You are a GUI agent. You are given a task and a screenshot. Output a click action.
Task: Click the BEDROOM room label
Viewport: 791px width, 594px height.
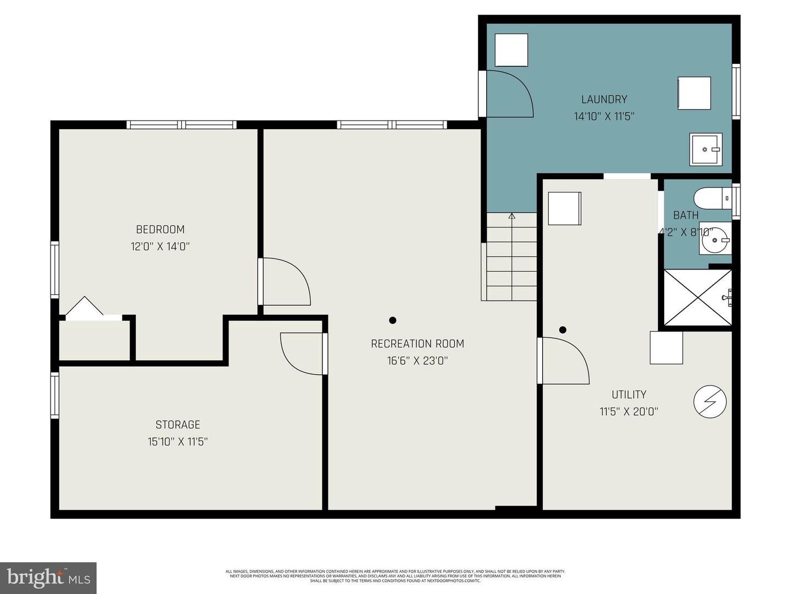(160, 229)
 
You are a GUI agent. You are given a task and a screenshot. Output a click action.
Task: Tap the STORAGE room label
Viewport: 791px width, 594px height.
(177, 425)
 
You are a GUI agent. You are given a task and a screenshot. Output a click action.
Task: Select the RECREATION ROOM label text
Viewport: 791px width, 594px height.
(417, 344)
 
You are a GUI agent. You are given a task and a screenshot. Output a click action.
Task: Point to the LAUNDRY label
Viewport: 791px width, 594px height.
(604, 100)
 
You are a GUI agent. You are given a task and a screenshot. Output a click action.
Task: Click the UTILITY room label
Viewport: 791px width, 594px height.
(628, 394)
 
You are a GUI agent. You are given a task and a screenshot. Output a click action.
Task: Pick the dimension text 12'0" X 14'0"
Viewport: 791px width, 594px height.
(160, 246)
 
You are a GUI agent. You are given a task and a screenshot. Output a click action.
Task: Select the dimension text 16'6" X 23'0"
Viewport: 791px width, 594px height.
(417, 361)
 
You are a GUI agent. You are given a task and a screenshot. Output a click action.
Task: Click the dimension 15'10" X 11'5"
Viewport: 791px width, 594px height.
(177, 442)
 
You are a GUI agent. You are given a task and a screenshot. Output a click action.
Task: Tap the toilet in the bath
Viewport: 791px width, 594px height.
(711, 198)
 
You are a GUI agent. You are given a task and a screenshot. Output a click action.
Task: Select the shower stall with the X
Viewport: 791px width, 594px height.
(698, 297)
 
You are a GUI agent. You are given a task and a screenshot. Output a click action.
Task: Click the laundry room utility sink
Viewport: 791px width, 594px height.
(706, 149)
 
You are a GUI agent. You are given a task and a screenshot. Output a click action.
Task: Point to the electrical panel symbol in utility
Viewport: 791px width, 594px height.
(710, 403)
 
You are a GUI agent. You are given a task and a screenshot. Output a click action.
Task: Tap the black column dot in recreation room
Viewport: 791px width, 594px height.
(392, 320)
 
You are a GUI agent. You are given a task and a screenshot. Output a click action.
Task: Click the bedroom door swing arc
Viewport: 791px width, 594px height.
(286, 282)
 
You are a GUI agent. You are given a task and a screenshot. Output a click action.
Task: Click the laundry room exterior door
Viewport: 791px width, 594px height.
(508, 94)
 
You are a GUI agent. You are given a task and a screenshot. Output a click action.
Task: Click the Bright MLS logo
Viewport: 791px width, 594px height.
(48, 577)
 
